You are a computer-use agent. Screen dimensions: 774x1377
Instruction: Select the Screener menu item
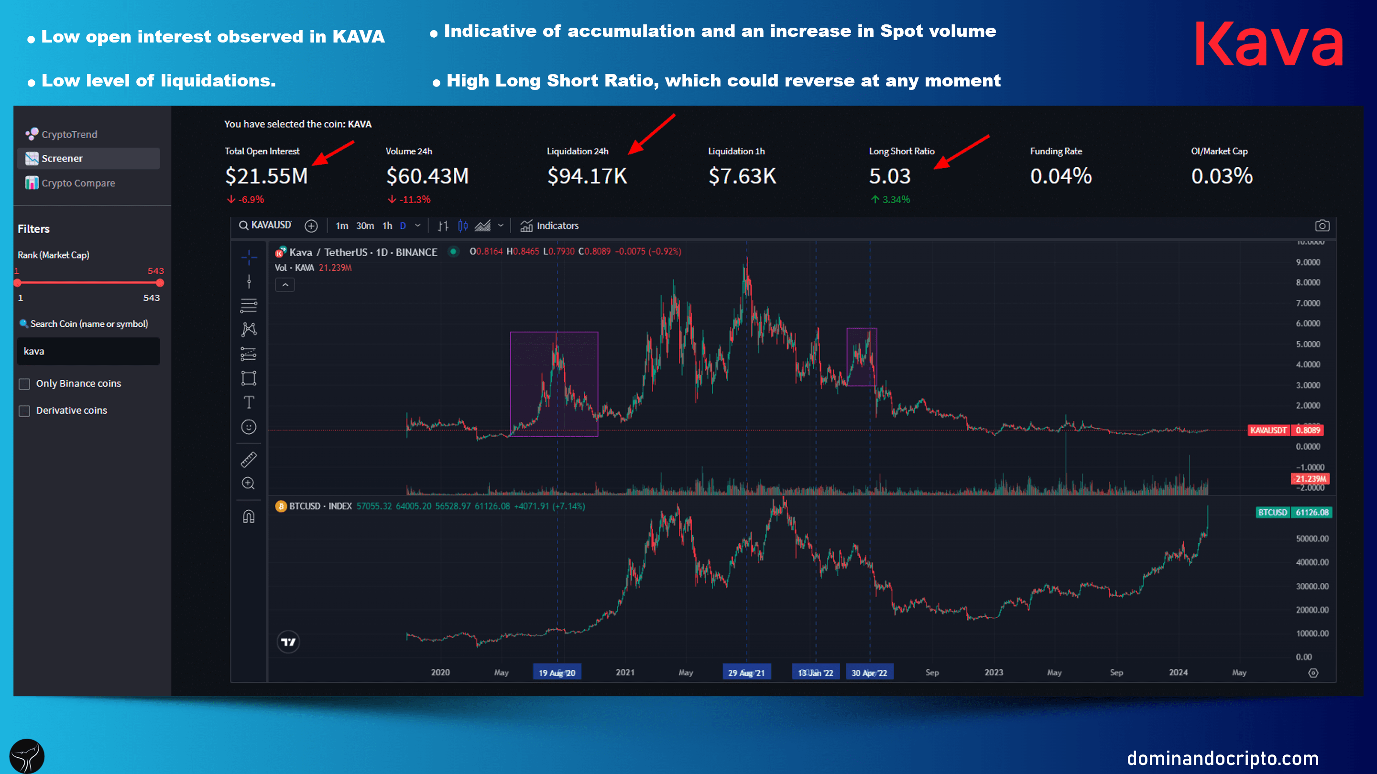[62, 159]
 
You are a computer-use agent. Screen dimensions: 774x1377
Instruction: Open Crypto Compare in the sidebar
[78, 183]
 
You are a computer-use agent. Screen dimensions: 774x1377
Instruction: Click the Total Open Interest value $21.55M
[266, 176]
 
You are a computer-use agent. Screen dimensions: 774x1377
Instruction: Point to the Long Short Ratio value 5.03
[889, 176]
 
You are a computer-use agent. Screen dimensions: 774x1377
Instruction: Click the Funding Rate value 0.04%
[1060, 176]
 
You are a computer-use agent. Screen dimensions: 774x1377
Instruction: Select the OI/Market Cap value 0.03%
[1222, 176]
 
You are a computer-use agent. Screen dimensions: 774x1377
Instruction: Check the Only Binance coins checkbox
[24, 384]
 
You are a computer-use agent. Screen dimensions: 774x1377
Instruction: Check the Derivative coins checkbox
[24, 411]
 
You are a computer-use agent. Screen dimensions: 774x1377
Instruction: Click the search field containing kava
[88, 352]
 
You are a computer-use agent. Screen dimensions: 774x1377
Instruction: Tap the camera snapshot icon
[1322, 226]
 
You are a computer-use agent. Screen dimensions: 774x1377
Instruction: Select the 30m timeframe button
[365, 226]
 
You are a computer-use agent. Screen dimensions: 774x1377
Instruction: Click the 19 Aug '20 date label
[557, 673]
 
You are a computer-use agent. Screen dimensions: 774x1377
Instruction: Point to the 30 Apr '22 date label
[869, 673]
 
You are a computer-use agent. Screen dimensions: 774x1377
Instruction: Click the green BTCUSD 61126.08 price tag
[1293, 512]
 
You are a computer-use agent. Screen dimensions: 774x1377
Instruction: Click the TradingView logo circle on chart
[288, 642]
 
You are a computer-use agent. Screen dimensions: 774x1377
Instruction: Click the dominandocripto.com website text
[1223, 758]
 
